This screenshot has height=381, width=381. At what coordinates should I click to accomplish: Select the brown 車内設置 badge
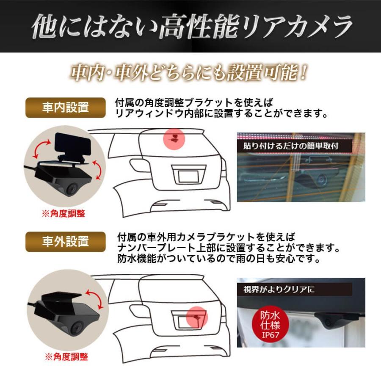[65, 108]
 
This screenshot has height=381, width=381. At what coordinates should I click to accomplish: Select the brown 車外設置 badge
[65, 242]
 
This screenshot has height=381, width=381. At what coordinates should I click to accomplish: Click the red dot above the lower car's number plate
[196, 316]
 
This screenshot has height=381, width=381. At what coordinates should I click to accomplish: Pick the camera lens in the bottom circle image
[76, 327]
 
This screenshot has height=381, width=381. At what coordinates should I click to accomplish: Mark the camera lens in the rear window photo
[321, 180]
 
